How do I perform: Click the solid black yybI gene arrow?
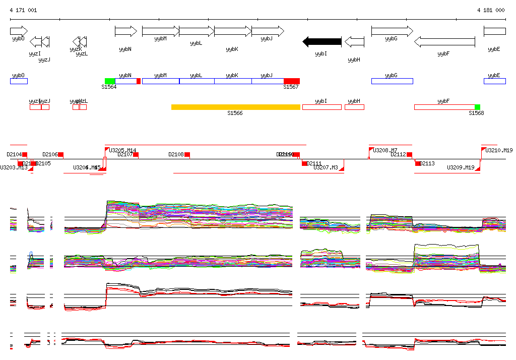tap(322, 41)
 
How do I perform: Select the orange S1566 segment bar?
tap(235, 107)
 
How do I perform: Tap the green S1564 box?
tap(109, 81)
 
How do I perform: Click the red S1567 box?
tap(291, 81)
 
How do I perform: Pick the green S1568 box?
tap(477, 107)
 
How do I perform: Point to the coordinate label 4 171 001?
tap(23, 10)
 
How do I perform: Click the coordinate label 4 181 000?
tap(491, 10)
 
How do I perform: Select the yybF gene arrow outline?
tap(444, 42)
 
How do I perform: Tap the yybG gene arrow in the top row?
tap(392, 31)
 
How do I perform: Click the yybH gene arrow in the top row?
tap(355, 41)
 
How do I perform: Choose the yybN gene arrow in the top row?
tap(125, 31)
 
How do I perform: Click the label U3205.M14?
tap(123, 150)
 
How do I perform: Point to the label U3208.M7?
tap(385, 150)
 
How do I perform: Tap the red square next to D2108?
tap(187, 154)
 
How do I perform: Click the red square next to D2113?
tap(418, 163)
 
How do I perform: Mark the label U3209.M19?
tap(461, 167)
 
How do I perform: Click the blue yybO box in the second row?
tap(19, 81)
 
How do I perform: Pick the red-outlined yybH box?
tap(354, 107)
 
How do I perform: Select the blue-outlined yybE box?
tap(494, 81)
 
